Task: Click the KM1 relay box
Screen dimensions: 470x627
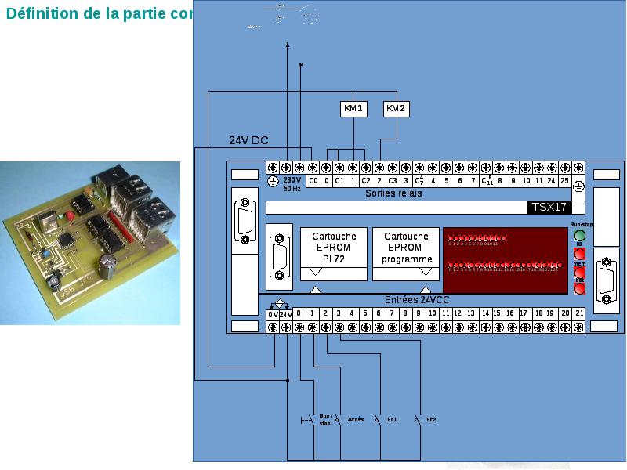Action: [353, 109]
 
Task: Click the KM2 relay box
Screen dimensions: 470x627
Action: [397, 109]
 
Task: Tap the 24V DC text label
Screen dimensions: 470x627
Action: [248, 141]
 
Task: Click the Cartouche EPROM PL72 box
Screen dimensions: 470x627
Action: [334, 247]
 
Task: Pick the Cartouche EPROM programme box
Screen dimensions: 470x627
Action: [406, 247]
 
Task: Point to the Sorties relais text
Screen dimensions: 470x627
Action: [393, 193]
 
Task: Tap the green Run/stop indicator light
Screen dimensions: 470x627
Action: [580, 235]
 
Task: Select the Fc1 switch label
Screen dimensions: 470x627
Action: [392, 420]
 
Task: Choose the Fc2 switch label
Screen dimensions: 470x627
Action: [431, 420]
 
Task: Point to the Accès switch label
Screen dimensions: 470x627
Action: [355, 420]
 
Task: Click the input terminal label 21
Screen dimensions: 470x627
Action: [579, 313]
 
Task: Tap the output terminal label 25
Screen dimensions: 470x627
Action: [564, 181]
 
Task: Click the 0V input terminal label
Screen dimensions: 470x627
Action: [272, 314]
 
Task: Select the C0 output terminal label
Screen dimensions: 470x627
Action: [313, 181]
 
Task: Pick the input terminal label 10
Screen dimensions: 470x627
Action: [432, 313]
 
